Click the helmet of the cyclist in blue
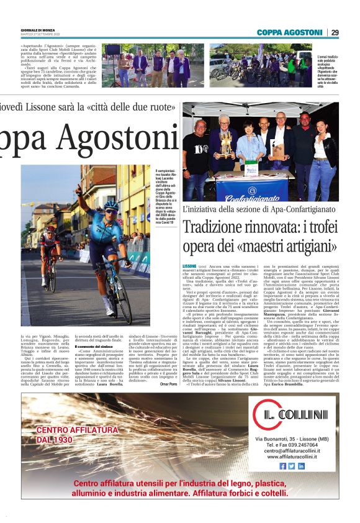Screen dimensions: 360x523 (110, 206)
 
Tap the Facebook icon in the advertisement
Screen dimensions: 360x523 (283, 465)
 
